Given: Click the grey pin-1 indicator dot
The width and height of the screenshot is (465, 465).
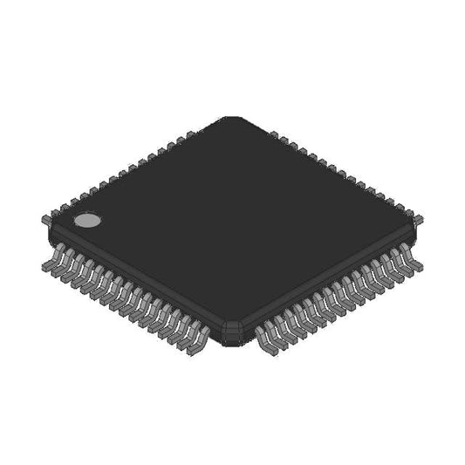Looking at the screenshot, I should [x=85, y=221].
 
